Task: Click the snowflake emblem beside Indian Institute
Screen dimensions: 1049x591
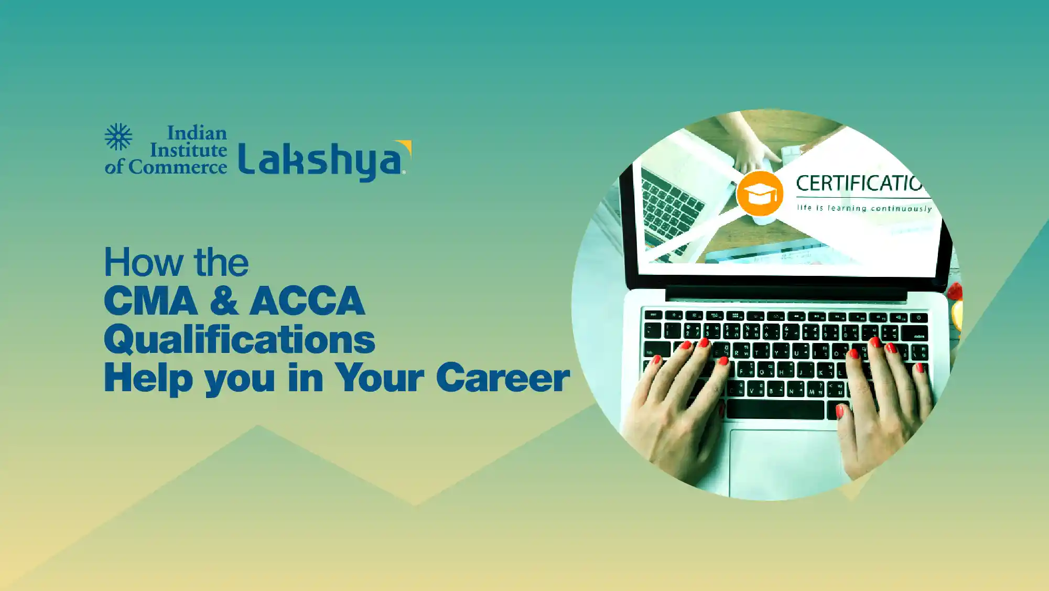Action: tap(118, 137)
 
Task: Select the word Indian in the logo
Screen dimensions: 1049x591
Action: tap(197, 133)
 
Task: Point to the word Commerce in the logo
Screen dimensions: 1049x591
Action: tap(178, 167)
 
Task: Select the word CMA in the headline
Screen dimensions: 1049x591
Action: tap(151, 301)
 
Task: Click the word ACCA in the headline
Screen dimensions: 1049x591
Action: tap(307, 301)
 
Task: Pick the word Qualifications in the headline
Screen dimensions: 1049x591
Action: tap(240, 340)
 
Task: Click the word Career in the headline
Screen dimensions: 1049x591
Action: tap(503, 378)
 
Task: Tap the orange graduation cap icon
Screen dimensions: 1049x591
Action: tap(760, 194)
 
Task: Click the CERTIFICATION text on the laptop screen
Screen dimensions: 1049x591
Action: tap(860, 184)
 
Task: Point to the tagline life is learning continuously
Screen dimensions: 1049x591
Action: tap(864, 208)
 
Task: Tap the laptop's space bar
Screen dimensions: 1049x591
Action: tap(775, 410)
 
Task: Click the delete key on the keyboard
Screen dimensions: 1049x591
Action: tap(915, 334)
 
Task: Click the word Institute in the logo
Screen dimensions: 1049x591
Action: tap(189, 150)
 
